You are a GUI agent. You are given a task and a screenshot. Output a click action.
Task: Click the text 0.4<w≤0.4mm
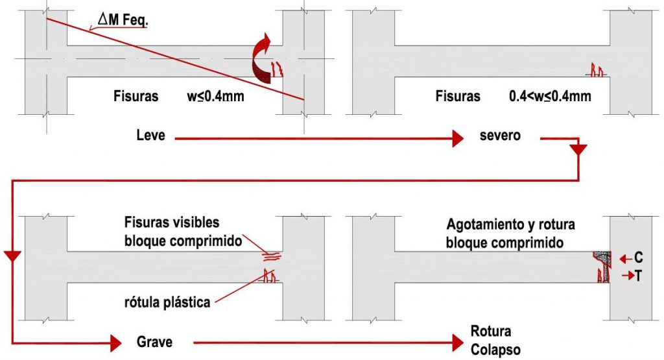[550, 97]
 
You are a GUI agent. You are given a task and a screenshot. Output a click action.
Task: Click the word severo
[500, 136]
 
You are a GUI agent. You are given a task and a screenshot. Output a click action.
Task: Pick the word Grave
[154, 341]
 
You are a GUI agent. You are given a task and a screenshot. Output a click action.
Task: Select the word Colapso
[495, 350]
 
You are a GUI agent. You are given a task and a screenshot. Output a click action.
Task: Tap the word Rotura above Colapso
[491, 331]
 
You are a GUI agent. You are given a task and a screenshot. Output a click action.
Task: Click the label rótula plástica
[167, 302]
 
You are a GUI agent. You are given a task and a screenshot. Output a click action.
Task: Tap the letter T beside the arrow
[639, 276]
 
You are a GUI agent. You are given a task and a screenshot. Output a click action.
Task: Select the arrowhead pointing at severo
[458, 138]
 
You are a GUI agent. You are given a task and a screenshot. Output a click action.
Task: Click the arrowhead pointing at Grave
[116, 342]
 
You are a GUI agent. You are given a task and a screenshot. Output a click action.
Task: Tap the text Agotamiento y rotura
[511, 225]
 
